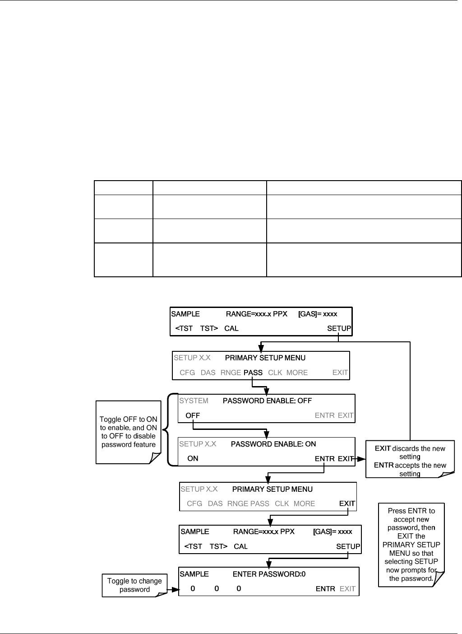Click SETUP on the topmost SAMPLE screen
[339, 328]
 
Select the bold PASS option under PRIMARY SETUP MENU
[253, 373]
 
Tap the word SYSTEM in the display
[194, 401]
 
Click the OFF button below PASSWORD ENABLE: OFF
[193, 415]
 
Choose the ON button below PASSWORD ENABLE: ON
[193, 458]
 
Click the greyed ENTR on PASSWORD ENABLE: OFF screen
[324, 415]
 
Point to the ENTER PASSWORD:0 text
[269, 574]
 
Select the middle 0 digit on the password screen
[217, 588]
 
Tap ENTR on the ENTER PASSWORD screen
[325, 588]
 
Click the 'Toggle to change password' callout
[134, 585]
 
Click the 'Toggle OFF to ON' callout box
[128, 432]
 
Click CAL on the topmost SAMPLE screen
[231, 328]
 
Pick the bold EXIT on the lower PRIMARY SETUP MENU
[347, 503]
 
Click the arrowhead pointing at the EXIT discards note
[361, 459]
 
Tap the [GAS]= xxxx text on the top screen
[318, 314]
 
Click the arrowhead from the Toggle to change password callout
[176, 589]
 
